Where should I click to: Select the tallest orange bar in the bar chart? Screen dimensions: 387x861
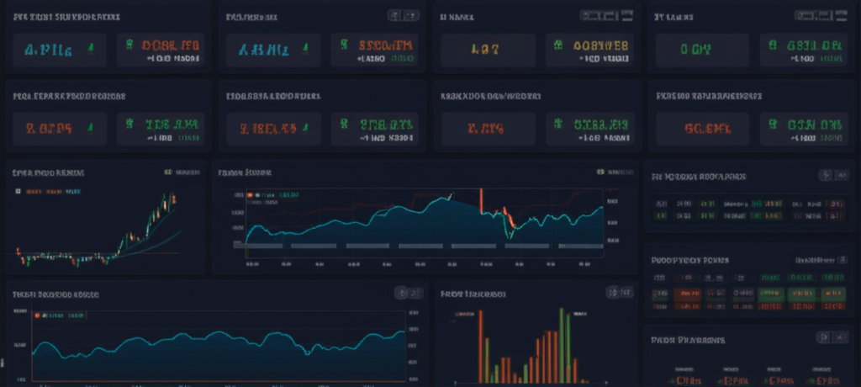pyautogui.click(x=481, y=345)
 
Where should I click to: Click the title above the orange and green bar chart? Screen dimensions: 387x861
pyautogui.click(x=473, y=294)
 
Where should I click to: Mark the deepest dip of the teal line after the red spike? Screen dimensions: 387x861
pyautogui.click(x=509, y=230)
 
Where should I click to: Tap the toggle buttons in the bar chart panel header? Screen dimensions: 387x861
pyautogui.click(x=618, y=293)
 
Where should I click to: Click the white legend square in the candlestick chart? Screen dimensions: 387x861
pyautogui.click(x=18, y=191)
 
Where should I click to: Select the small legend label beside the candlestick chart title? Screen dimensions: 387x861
pyautogui.click(x=183, y=172)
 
